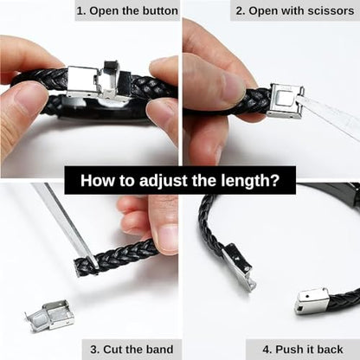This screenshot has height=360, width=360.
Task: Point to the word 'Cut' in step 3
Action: (111, 350)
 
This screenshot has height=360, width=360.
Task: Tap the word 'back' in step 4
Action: (331, 350)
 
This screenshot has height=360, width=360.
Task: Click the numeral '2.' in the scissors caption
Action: (241, 11)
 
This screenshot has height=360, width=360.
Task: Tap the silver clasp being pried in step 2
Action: (286, 101)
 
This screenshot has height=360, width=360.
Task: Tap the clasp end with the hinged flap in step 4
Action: (239, 267)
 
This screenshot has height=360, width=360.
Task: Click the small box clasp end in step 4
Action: (312, 301)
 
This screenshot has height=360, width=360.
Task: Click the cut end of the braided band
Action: (79, 267)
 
